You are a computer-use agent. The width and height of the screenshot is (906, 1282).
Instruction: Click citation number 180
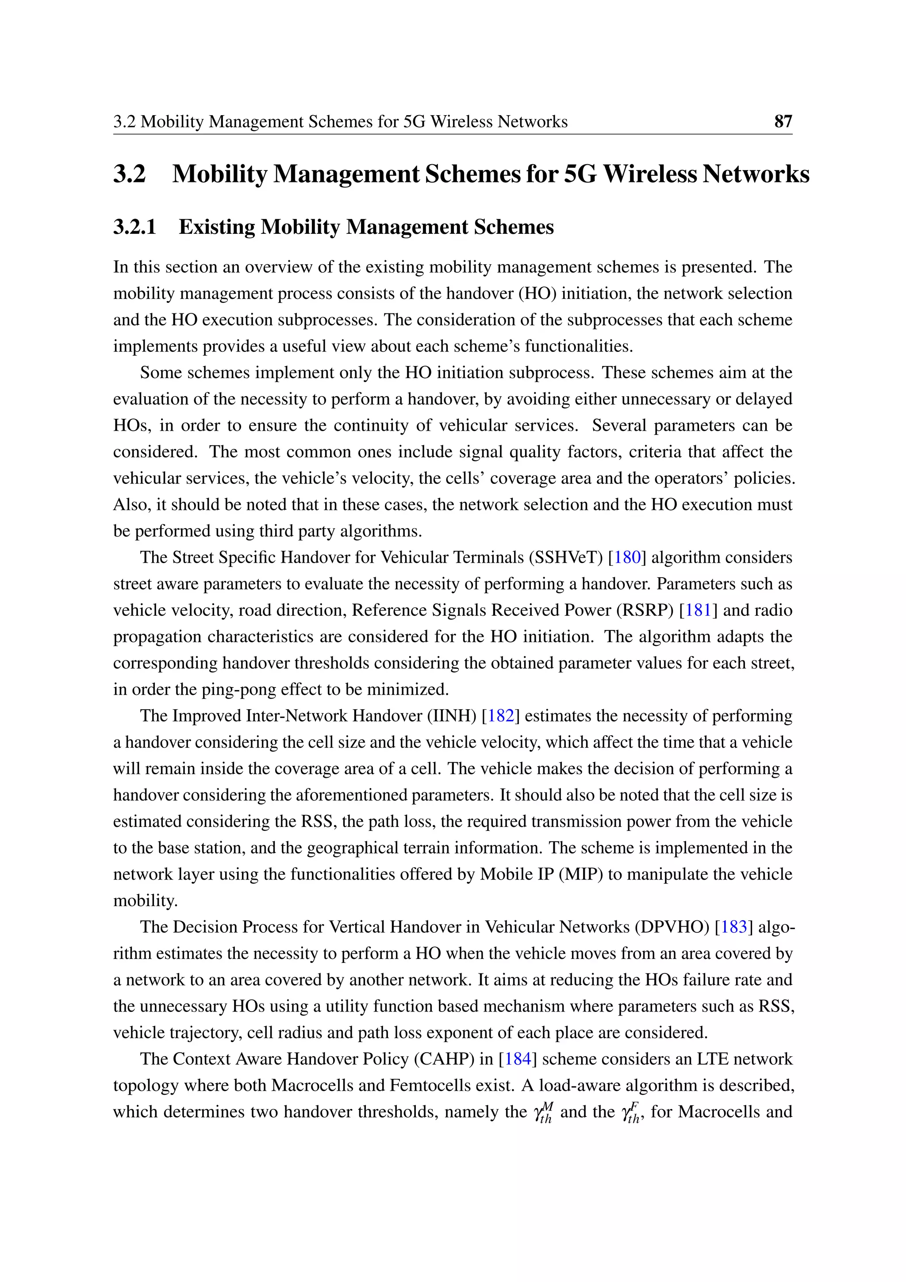tap(627, 557)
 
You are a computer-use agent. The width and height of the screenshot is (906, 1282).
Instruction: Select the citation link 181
tap(698, 610)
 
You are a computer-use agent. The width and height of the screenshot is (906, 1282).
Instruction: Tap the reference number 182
tap(500, 715)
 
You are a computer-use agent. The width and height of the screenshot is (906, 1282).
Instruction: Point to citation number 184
tap(518, 1058)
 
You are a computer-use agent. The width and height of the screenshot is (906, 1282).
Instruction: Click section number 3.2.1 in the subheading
tap(134, 227)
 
